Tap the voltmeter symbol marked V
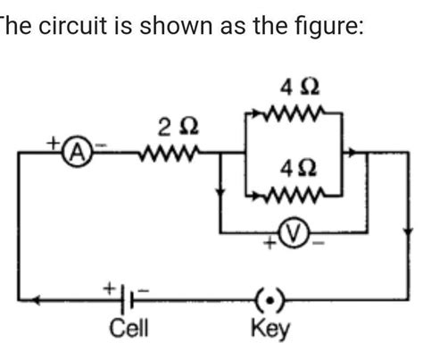(291, 234)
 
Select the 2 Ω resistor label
(171, 122)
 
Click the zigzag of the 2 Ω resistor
(169, 151)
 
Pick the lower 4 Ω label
(297, 168)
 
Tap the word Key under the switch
(270, 329)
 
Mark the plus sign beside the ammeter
(53, 141)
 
